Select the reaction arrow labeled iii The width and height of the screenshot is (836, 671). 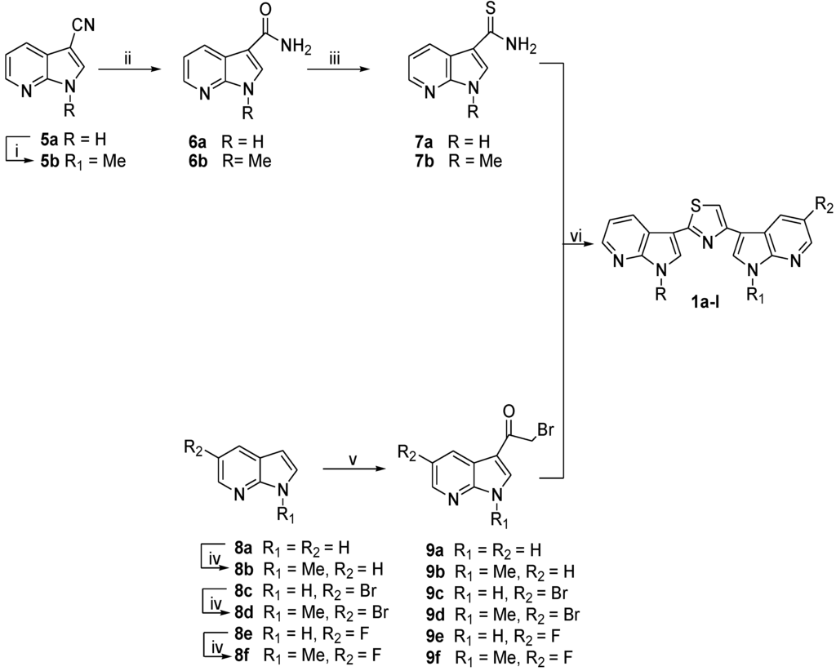(335, 71)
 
